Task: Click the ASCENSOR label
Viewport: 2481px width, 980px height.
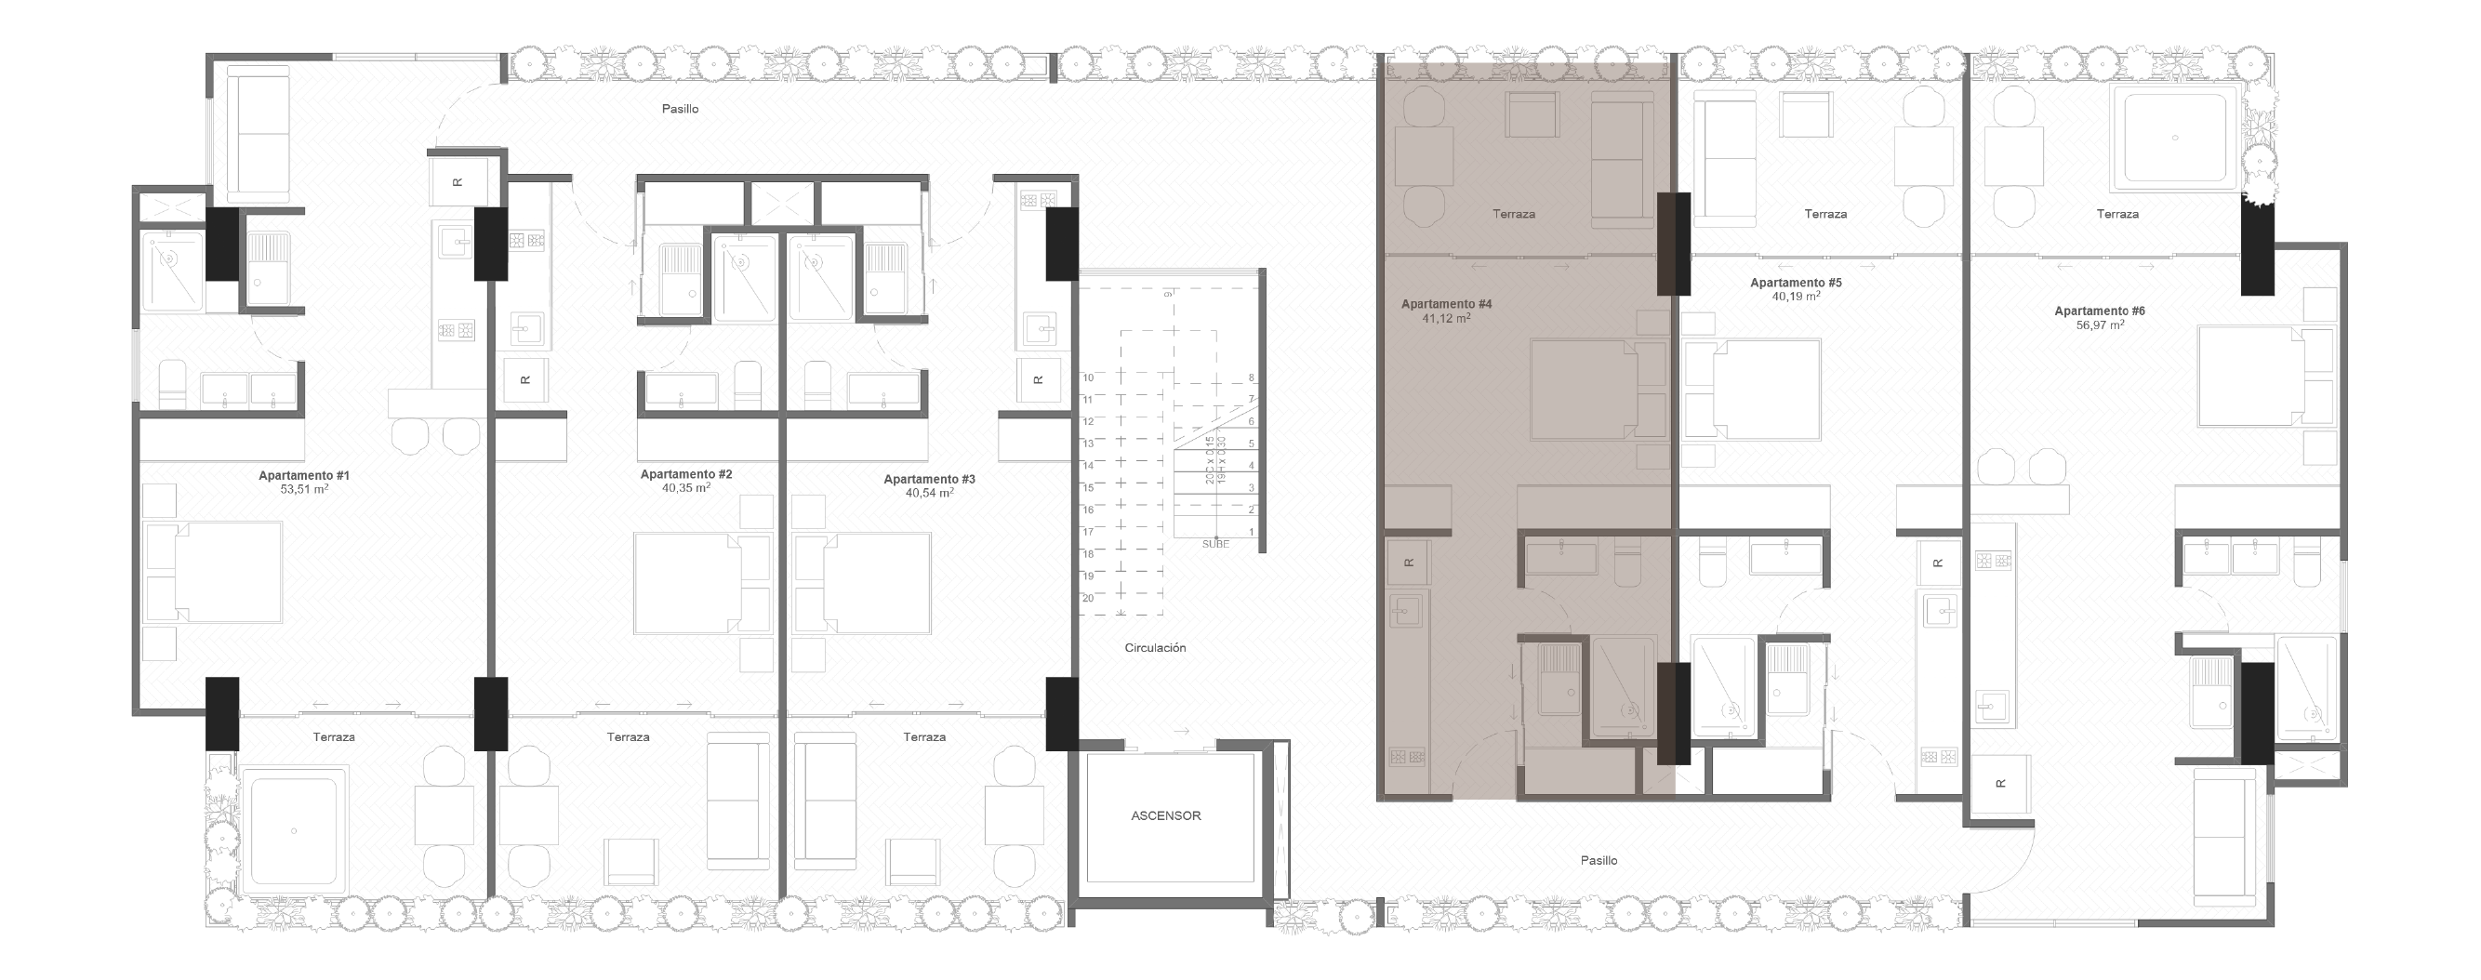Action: click(x=1165, y=815)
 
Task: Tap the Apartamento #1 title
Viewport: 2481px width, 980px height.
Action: click(x=303, y=475)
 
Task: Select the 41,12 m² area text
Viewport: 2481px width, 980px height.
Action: click(x=1446, y=318)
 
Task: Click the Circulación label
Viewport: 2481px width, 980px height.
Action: click(x=1155, y=648)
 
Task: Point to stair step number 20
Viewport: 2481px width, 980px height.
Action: click(x=1087, y=598)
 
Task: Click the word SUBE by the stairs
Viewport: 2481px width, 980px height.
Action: click(x=1215, y=544)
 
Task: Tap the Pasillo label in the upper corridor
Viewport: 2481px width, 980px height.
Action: click(x=680, y=109)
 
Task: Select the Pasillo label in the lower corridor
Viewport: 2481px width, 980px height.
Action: click(x=1599, y=860)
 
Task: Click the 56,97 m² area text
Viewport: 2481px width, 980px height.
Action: click(x=2100, y=325)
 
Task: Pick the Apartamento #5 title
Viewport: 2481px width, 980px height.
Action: click(x=1796, y=283)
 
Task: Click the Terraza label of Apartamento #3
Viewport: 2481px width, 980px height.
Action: click(x=923, y=736)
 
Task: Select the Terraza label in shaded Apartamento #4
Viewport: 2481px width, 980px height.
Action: click(x=1513, y=214)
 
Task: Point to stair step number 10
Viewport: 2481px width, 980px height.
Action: click(x=1087, y=377)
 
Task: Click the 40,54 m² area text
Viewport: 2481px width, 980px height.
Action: click(x=928, y=493)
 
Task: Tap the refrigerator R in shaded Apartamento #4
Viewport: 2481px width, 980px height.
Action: click(x=1409, y=563)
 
